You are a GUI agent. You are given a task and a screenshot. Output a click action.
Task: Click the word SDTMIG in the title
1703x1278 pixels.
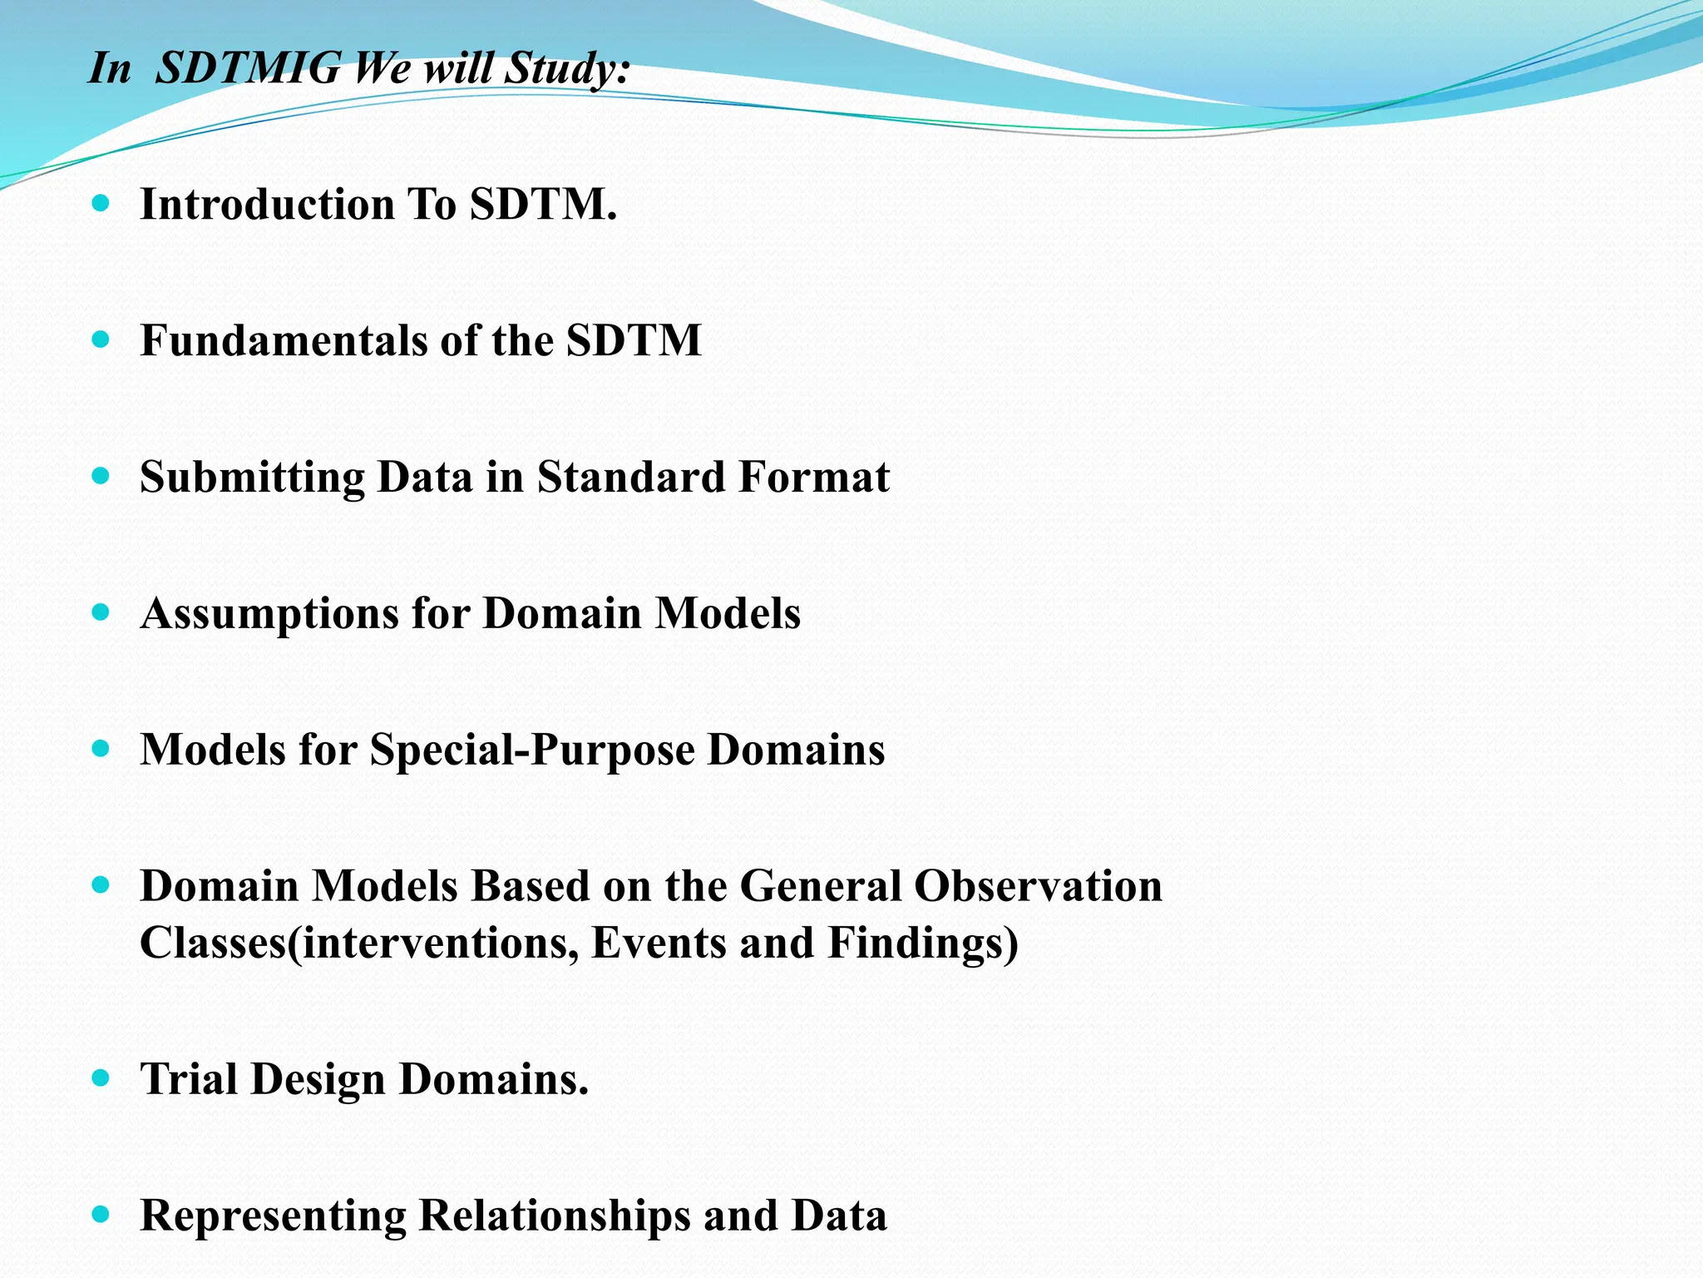[x=248, y=68]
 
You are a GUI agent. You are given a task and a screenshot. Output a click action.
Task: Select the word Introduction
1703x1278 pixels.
[x=267, y=205]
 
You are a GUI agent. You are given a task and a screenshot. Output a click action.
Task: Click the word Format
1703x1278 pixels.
[x=813, y=478]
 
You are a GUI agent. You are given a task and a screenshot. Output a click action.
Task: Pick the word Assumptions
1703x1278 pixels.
[x=269, y=614]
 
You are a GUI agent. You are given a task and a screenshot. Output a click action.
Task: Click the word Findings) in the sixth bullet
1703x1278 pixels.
[x=922, y=944]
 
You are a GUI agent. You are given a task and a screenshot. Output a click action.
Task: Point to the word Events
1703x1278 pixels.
[x=658, y=944]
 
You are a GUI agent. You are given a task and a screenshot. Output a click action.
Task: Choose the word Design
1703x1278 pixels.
[x=318, y=1080]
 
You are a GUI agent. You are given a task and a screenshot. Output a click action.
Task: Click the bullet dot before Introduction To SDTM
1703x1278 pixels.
[x=101, y=203]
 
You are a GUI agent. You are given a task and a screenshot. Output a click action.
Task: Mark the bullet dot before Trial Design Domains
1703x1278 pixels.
[x=101, y=1078]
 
